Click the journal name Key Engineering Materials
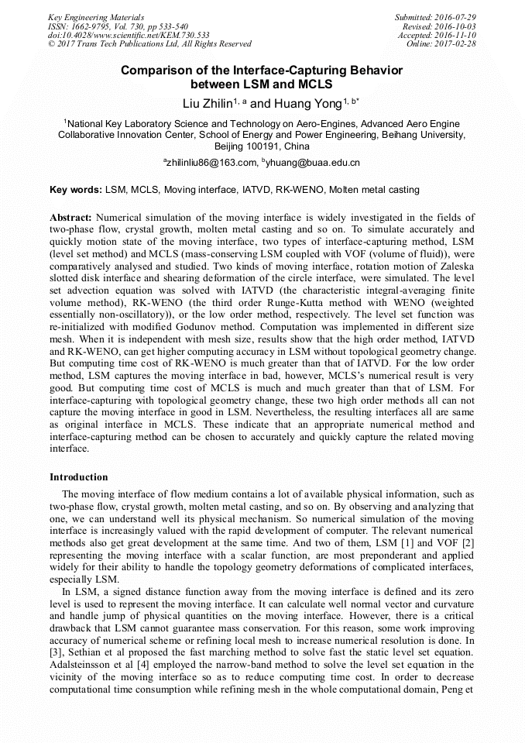pyautogui.click(x=95, y=17)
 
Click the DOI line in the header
pyautogui.click(x=128, y=35)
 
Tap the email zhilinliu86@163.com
pyautogui.click(x=211, y=163)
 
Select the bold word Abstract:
pyautogui.click(x=70, y=218)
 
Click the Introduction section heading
pyautogui.click(x=79, y=476)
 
